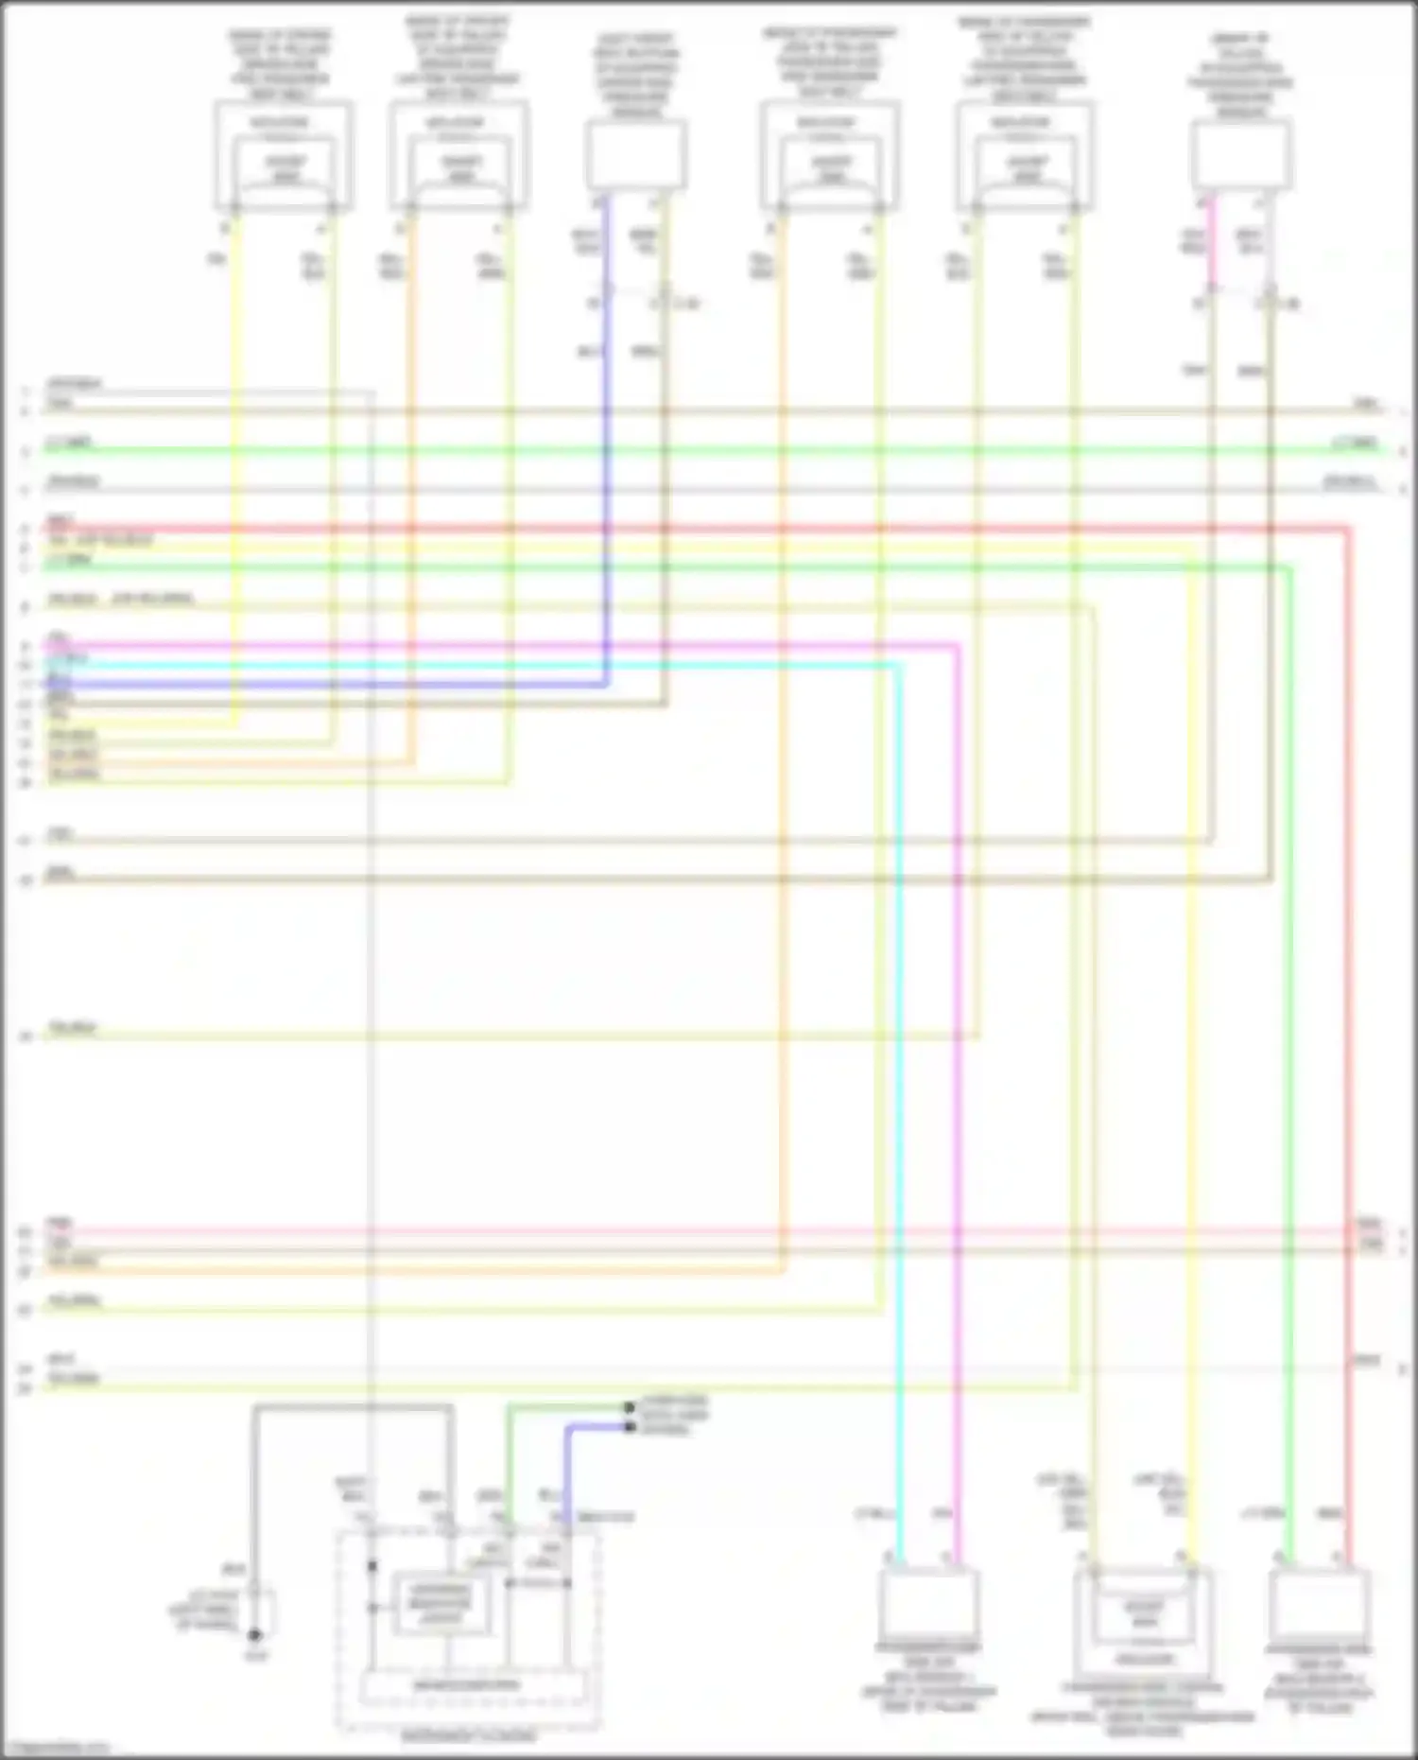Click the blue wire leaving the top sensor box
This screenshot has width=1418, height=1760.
click(x=606, y=426)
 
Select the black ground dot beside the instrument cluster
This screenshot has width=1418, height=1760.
click(x=254, y=1634)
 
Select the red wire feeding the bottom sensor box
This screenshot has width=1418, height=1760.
click(x=1348, y=1040)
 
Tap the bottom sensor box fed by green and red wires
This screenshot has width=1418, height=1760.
click(x=1320, y=1605)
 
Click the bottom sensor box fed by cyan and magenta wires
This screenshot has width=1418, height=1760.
click(x=928, y=1605)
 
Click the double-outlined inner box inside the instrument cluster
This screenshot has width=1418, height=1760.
click(x=441, y=1603)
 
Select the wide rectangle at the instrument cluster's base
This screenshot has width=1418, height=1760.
click(x=468, y=1685)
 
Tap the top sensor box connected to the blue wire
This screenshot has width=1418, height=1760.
click(x=636, y=154)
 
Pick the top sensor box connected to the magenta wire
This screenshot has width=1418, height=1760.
click(x=1240, y=154)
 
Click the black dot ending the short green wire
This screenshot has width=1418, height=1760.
click(x=630, y=1408)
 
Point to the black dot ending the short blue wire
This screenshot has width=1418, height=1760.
click(x=630, y=1426)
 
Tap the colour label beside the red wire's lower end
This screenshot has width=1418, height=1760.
click(x=1329, y=1514)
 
